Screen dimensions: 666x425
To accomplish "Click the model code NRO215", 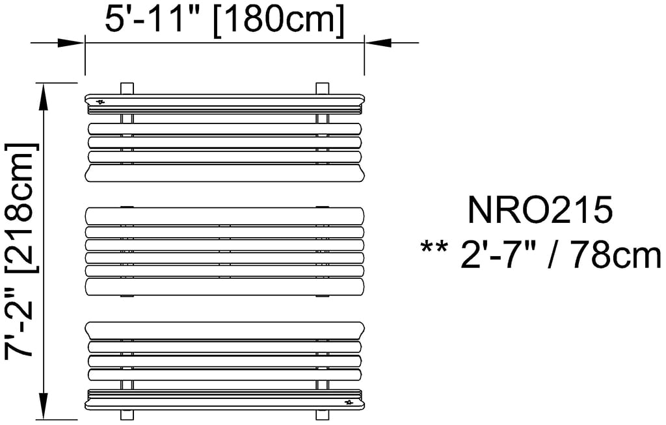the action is point(540,211).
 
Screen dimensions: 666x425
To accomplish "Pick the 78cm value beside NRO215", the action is point(617,255).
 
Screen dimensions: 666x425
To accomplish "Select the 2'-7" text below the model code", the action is point(499,255).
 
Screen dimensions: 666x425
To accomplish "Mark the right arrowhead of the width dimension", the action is point(378,43).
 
